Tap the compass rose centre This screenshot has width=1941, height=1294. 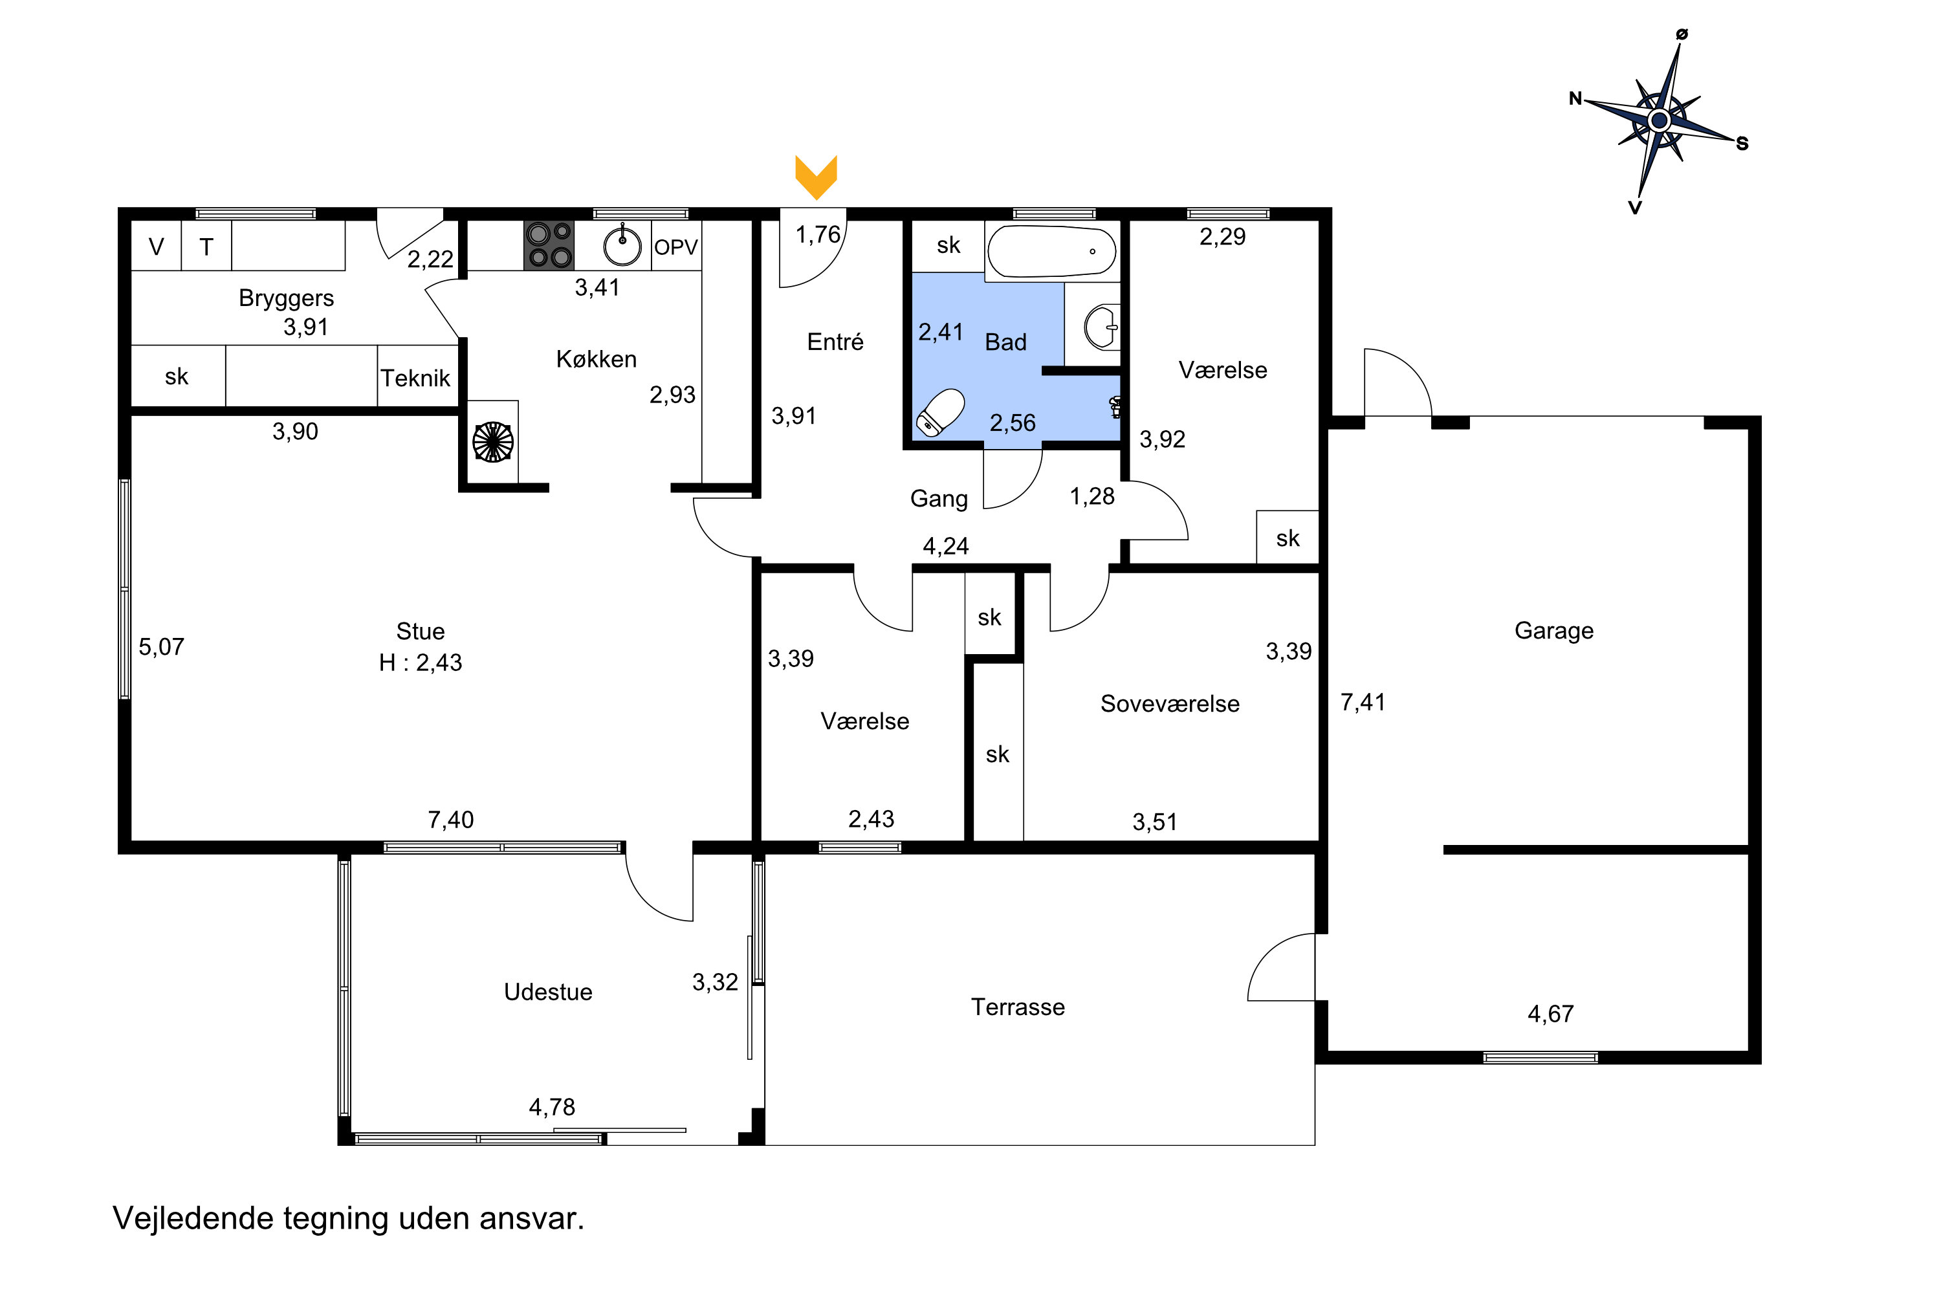tap(1659, 120)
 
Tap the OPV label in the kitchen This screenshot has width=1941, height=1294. tap(676, 247)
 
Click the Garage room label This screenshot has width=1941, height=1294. tap(1553, 630)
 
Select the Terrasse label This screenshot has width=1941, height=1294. tap(1018, 1007)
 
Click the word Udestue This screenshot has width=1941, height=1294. tap(548, 992)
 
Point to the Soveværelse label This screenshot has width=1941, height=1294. tap(1169, 704)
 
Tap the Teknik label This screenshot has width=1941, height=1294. tap(415, 378)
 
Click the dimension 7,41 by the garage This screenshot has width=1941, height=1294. tap(1363, 702)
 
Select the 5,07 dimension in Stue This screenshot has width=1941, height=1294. tap(161, 647)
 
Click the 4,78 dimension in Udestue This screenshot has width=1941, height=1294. tap(551, 1106)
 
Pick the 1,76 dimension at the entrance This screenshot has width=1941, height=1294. tap(817, 236)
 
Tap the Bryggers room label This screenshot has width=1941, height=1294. tap(287, 298)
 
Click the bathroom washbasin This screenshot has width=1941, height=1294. tap(1101, 327)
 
